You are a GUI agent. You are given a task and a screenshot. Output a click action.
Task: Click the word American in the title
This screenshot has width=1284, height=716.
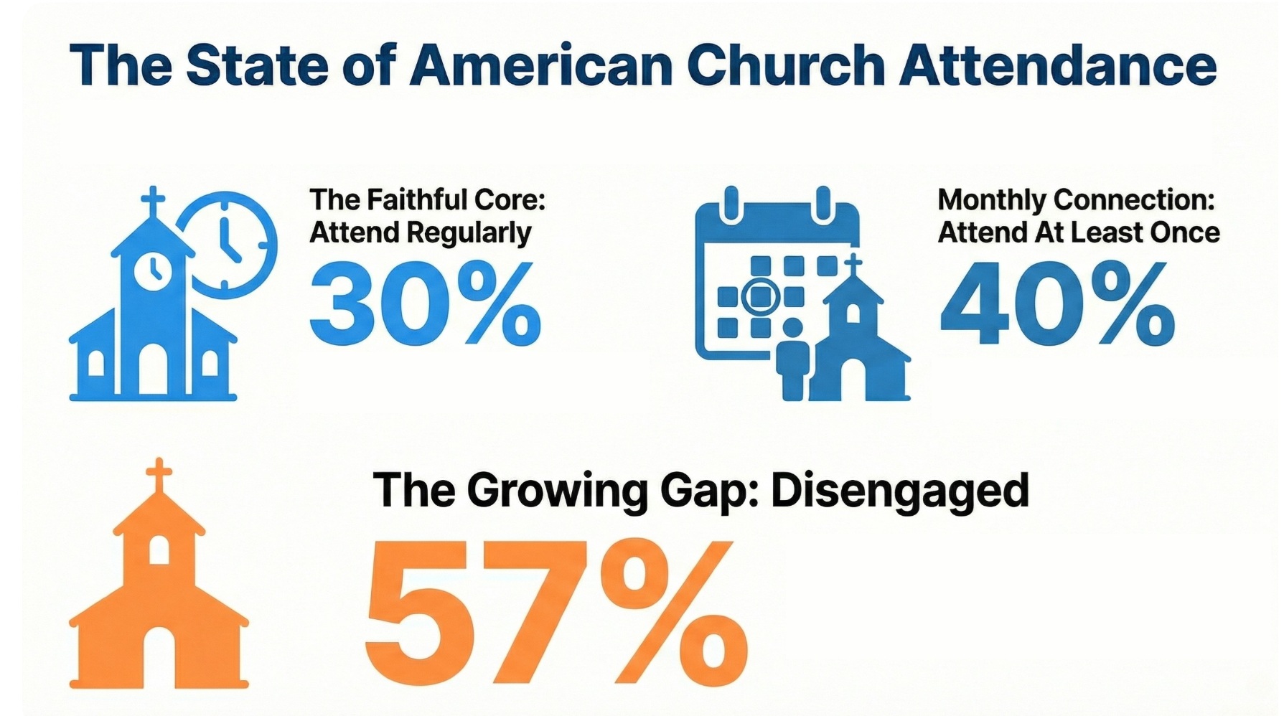(x=542, y=65)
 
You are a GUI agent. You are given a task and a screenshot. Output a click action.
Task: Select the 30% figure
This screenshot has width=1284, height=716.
(x=425, y=303)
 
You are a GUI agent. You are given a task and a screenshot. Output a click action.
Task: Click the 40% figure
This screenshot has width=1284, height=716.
(x=1057, y=303)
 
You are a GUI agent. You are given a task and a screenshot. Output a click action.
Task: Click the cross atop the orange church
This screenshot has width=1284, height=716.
(x=159, y=476)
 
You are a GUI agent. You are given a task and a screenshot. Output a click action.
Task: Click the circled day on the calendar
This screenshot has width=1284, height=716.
(x=760, y=296)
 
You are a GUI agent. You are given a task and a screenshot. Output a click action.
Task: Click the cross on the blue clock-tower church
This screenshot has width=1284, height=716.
(x=152, y=203)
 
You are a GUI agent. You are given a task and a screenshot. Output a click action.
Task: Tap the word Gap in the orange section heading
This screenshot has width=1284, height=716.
(x=706, y=493)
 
